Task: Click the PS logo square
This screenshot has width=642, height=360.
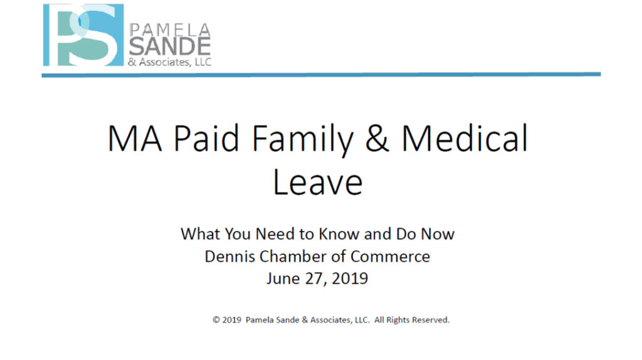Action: [83, 35]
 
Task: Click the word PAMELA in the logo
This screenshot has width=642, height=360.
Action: [170, 30]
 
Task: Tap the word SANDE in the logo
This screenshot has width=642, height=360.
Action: [170, 46]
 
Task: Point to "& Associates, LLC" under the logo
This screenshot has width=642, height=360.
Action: [169, 62]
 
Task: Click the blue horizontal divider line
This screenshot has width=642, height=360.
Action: [321, 75]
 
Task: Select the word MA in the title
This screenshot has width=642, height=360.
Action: [135, 139]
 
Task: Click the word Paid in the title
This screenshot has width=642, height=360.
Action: [206, 138]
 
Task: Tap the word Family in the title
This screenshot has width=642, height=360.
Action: [302, 140]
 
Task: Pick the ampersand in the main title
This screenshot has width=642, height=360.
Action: [377, 139]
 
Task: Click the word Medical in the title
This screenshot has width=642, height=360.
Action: [465, 138]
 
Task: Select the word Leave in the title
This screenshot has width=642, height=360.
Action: [318, 181]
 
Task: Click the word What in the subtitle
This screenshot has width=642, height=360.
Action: [201, 234]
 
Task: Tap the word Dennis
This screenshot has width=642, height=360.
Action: [230, 257]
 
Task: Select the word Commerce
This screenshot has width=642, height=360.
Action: [390, 257]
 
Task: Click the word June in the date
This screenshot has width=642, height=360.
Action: [284, 278]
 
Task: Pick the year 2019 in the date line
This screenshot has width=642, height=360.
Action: [350, 278]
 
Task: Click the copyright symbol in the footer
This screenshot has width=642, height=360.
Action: [216, 320]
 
